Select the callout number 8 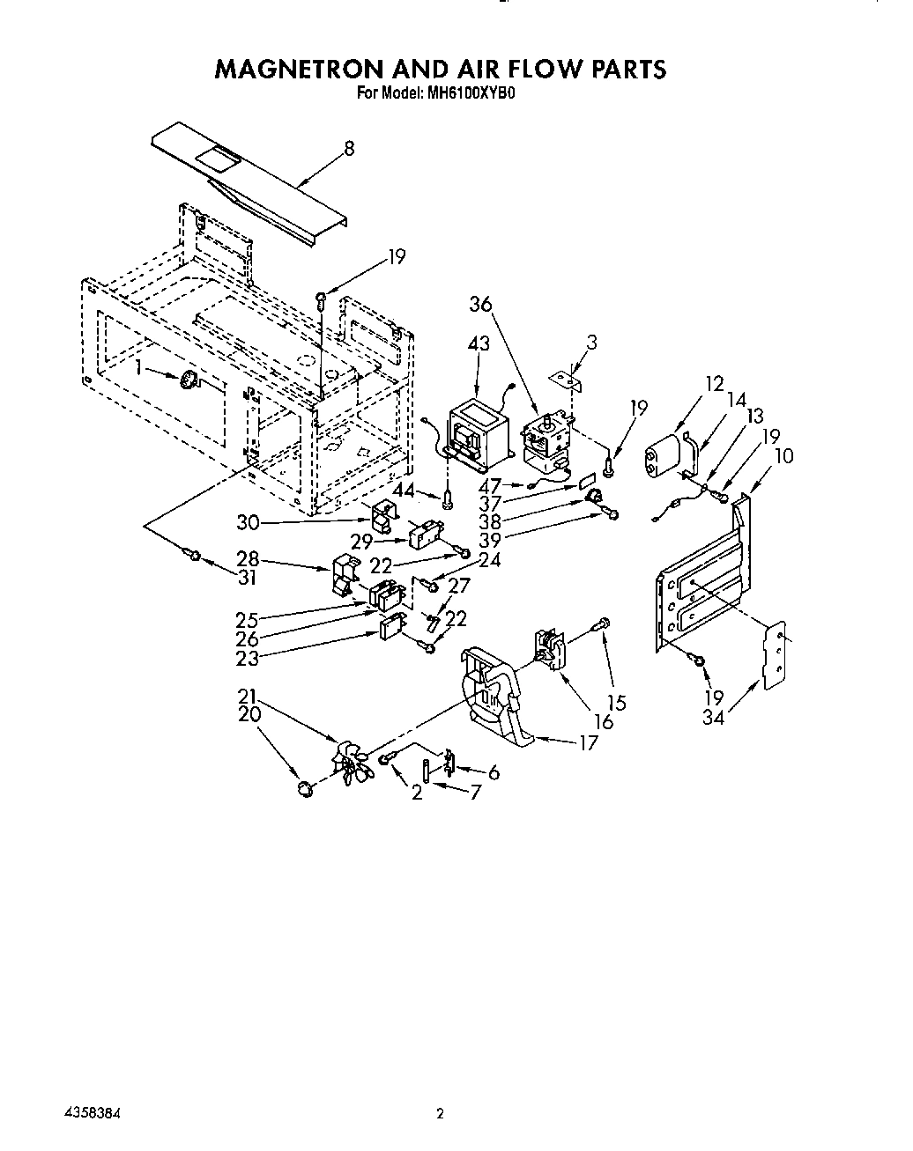349,149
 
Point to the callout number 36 479,304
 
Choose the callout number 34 713,719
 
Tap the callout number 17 587,742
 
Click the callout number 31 248,578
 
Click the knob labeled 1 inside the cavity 189,380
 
